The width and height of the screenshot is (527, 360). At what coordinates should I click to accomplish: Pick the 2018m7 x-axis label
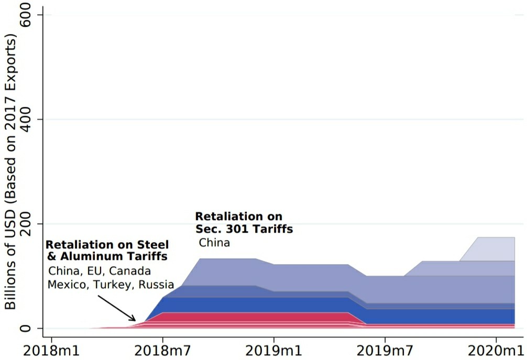pyautogui.click(x=162, y=349)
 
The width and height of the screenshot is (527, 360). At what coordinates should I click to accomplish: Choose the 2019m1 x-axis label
pyautogui.click(x=274, y=349)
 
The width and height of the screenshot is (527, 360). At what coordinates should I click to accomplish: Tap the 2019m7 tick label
pyautogui.click(x=386, y=349)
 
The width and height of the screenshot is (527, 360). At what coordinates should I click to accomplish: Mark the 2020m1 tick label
pyautogui.click(x=497, y=349)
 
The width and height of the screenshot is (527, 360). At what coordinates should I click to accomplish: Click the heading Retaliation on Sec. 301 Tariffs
pyautogui.click(x=244, y=223)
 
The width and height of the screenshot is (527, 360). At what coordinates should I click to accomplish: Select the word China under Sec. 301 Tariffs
pyautogui.click(x=214, y=243)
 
